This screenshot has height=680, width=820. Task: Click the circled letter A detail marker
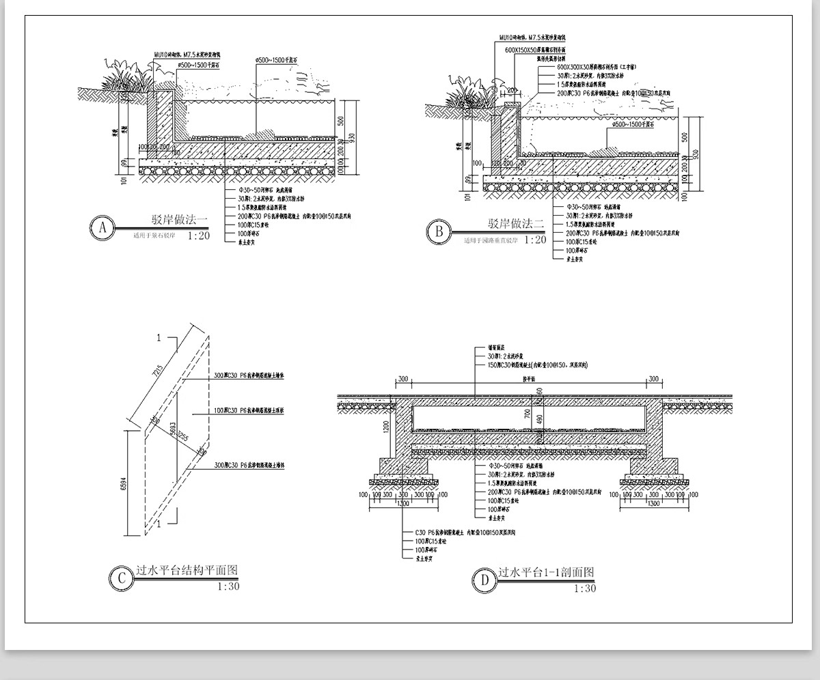(102, 228)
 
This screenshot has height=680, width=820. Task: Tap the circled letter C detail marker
(122, 578)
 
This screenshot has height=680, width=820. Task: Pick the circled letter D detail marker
(484, 581)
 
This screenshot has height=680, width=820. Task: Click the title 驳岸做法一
(179, 221)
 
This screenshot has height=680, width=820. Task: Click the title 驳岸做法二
(515, 223)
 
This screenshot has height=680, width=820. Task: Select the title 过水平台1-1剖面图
(547, 572)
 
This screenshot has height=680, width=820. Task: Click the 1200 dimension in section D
(387, 427)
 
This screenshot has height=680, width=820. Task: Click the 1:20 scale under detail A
(197, 236)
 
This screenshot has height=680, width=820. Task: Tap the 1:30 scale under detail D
(584, 589)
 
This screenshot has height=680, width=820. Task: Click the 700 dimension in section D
(528, 414)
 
